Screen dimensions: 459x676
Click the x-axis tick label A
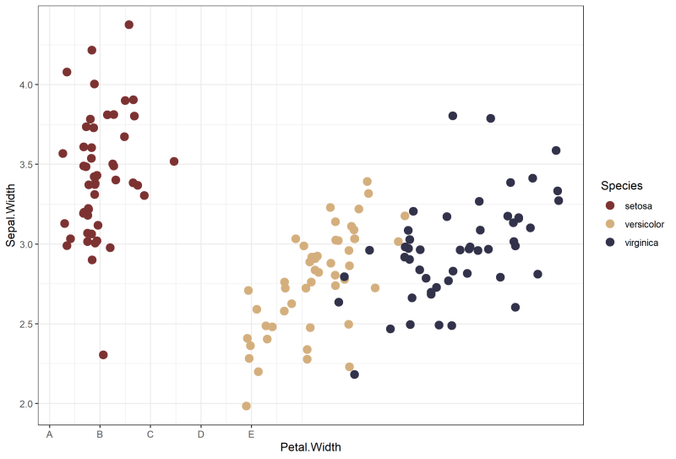click(x=50, y=435)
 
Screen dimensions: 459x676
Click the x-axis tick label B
click(x=100, y=435)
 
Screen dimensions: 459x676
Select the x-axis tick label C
click(x=150, y=435)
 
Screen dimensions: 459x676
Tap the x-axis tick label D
click(x=201, y=435)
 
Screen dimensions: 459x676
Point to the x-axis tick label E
click(x=251, y=435)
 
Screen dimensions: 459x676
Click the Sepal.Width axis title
click(x=10, y=218)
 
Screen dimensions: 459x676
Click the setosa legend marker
click(x=610, y=205)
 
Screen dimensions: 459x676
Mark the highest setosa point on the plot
click(x=129, y=25)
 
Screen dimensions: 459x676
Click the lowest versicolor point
click(x=247, y=406)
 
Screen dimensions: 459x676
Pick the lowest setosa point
click(x=103, y=355)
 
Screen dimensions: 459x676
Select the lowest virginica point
click(x=354, y=374)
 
